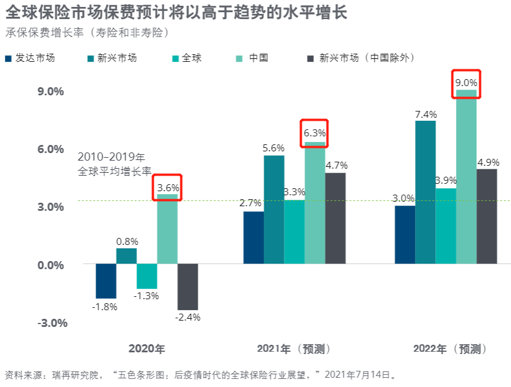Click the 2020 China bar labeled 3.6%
pyautogui.click(x=167, y=229)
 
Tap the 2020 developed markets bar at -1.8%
pyautogui.click(x=106, y=281)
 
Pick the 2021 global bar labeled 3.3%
pyautogui.click(x=294, y=232)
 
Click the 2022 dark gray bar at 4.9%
pyautogui.click(x=487, y=216)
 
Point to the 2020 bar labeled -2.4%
pyautogui.click(x=188, y=286)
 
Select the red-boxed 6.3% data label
pyautogui.click(x=315, y=133)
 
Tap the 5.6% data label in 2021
pyautogui.click(x=273, y=148)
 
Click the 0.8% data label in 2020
pyautogui.click(x=127, y=241)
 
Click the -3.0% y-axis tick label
pyautogui.click(x=52, y=323)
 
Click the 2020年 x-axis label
pyautogui.click(x=147, y=349)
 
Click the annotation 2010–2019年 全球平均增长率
pyautogui.click(x=114, y=164)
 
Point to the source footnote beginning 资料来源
pyautogui.click(x=199, y=374)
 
